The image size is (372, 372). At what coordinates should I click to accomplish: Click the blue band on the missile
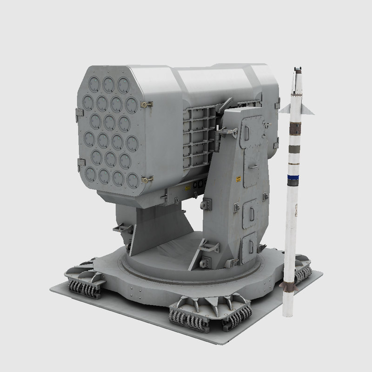tap(295, 177)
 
